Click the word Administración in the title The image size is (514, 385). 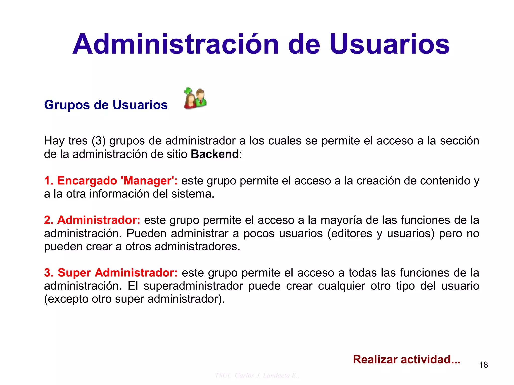176,44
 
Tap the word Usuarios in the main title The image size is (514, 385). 390,44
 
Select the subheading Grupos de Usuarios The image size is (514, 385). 106,105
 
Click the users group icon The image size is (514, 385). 195,98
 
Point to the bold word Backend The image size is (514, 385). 215,154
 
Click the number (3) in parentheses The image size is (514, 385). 98,141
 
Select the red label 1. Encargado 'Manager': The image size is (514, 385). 111,181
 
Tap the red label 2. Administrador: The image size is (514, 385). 92,220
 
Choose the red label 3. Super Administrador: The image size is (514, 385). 111,273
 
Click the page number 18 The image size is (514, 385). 483,365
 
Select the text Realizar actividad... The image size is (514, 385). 406,359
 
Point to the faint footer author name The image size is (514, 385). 257,375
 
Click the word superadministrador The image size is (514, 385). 193,286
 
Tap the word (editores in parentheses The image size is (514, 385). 350,234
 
